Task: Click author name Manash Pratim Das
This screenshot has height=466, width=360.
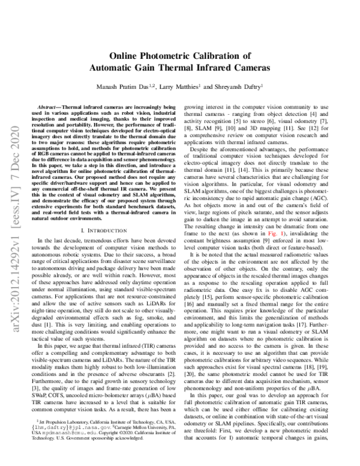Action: coord(133,86)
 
